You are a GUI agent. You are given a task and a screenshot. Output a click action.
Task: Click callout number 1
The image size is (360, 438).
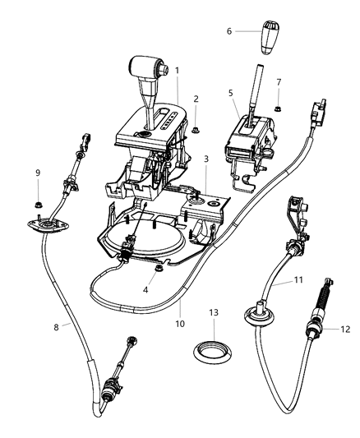tap(177, 71)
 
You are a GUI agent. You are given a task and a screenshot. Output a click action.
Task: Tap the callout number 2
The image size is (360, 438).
tap(196, 99)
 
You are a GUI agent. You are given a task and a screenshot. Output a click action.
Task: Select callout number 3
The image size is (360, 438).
tap(205, 159)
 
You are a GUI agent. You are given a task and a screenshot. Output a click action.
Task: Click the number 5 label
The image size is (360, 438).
tap(231, 94)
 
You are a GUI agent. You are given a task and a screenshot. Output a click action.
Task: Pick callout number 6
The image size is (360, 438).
tap(229, 31)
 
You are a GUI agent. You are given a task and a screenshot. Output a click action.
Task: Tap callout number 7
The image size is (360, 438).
tap(279, 83)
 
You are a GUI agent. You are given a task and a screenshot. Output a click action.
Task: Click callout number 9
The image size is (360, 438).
tap(38, 173)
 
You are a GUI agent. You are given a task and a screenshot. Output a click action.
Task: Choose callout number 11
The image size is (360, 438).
tap(299, 281)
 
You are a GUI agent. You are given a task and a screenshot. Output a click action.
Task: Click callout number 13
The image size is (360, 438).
tap(214, 313)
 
